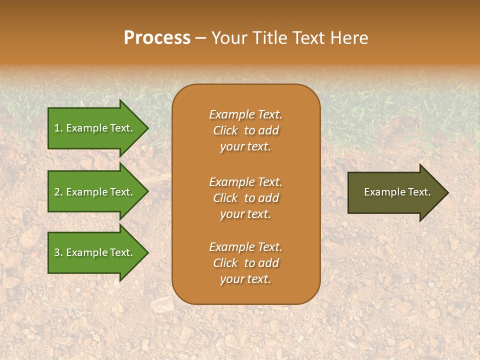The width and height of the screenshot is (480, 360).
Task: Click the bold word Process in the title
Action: point(157,38)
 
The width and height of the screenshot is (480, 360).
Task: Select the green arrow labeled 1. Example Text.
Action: point(95,128)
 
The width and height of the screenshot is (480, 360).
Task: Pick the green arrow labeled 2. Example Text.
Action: point(95,192)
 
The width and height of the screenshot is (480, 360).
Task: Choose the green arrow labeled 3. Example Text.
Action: point(95,252)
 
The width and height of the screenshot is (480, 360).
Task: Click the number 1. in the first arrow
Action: point(58,128)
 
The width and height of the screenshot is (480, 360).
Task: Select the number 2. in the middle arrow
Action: point(58,192)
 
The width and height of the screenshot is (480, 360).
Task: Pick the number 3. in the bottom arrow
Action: point(58,252)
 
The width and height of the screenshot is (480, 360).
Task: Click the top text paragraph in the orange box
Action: point(245,130)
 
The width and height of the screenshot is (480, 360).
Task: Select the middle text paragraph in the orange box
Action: point(245,198)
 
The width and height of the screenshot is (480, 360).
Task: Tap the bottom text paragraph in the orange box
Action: point(245,263)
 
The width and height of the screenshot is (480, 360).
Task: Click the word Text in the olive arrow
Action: point(419,192)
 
